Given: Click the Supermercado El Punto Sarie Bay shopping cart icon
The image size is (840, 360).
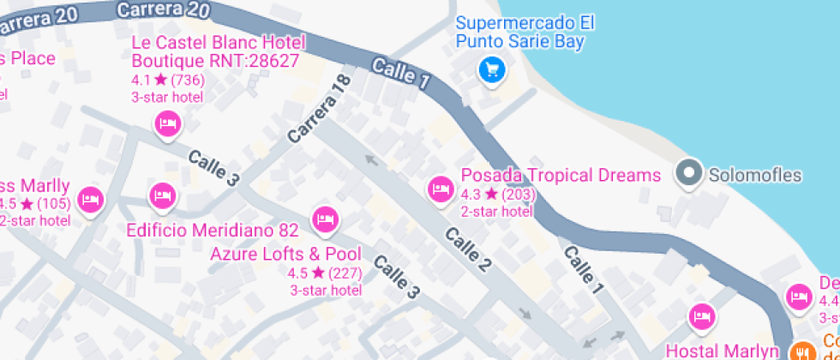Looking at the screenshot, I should (491, 69).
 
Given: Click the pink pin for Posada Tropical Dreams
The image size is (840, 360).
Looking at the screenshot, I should (441, 189).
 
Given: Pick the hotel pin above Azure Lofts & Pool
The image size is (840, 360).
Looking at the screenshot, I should (324, 219).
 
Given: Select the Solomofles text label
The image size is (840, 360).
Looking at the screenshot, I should (754, 176).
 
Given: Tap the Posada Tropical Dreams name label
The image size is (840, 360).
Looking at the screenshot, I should (561, 176).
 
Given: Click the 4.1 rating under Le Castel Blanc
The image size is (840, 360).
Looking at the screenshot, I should (140, 80).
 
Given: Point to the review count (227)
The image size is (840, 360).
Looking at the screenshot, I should (345, 273).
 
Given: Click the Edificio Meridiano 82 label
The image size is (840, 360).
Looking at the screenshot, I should (212, 231).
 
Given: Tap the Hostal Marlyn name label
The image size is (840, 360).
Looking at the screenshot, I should (722, 351).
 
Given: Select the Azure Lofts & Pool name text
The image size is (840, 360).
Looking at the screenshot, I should (285, 254).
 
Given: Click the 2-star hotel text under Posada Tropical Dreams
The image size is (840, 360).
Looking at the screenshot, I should (496, 212).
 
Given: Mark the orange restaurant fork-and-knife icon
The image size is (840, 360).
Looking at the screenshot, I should (803, 351).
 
